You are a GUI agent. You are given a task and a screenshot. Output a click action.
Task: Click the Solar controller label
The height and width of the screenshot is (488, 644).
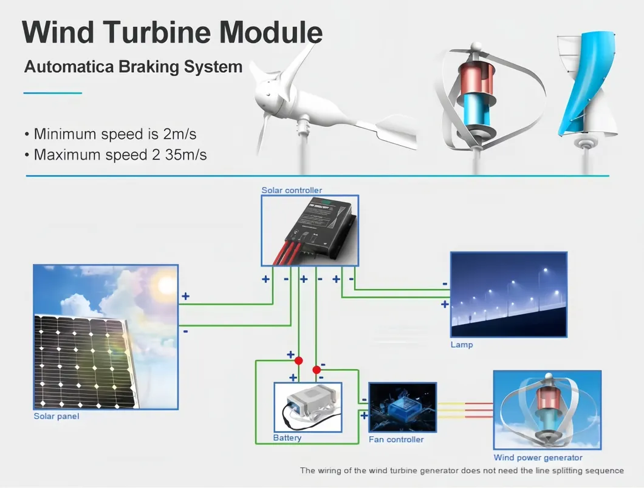[x=292, y=190]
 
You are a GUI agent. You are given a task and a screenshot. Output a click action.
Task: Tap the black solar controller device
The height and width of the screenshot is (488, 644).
[x=316, y=228]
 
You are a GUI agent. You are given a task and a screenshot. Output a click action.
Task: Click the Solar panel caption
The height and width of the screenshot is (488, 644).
[x=56, y=416]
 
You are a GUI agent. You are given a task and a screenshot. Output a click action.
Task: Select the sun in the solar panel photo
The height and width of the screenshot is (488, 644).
[x=165, y=283]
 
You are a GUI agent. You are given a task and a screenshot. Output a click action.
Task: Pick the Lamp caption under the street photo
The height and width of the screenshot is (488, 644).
[x=461, y=345]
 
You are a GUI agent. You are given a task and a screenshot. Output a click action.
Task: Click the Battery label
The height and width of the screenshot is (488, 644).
[x=287, y=438]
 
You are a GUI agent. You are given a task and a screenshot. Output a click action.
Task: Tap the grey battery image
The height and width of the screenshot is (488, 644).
[x=307, y=404]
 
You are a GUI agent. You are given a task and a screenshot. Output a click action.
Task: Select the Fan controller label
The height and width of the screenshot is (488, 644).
[x=396, y=439]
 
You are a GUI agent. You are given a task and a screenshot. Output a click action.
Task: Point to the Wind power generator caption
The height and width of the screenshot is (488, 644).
[x=538, y=458]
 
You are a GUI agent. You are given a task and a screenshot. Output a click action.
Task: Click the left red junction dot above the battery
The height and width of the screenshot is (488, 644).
[x=298, y=361]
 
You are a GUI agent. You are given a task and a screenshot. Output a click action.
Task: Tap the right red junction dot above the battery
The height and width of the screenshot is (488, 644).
[x=316, y=370]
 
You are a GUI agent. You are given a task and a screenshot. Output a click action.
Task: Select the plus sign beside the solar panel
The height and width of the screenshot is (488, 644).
[x=185, y=297]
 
